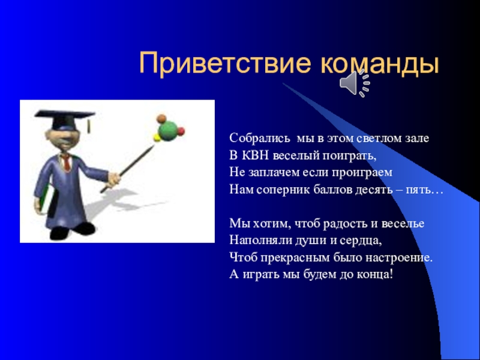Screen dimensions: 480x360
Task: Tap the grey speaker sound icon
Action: [x=355, y=83]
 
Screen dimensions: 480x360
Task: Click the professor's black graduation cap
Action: [x=65, y=119]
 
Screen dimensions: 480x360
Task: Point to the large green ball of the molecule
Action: [x=167, y=131]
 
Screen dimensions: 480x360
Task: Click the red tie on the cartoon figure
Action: [x=67, y=162]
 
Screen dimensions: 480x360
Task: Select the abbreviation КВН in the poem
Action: [x=255, y=155]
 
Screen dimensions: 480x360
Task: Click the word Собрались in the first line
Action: [x=260, y=139]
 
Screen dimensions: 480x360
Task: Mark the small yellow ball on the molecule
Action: [x=157, y=138]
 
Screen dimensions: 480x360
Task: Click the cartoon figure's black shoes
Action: [x=72, y=230]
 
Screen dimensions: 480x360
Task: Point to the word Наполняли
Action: [x=261, y=241]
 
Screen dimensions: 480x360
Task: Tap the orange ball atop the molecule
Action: [x=161, y=118]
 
